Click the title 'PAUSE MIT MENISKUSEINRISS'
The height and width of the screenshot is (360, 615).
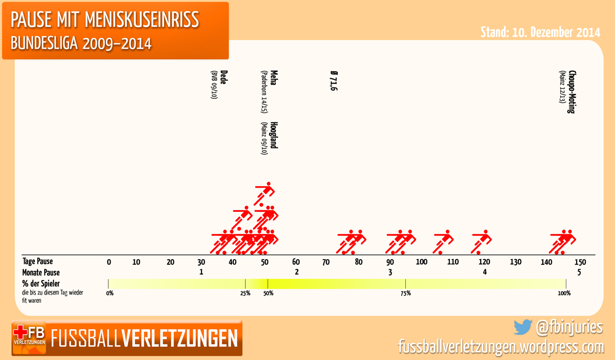pyautogui.click(x=105, y=20)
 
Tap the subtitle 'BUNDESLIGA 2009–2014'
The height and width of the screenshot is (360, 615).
pyautogui.click(x=81, y=43)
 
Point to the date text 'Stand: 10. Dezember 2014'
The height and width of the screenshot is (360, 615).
pyautogui.click(x=540, y=32)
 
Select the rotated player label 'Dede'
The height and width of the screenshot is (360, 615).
pyautogui.click(x=223, y=77)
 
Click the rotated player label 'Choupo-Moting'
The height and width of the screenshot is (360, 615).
pyautogui.click(x=572, y=92)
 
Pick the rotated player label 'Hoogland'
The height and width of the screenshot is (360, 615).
pyautogui.click(x=274, y=135)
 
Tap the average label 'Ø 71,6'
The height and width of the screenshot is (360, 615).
pyautogui.click(x=333, y=82)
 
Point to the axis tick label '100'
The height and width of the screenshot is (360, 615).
pyautogui.click(x=421, y=262)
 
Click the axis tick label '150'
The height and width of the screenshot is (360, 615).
pyautogui.click(x=580, y=262)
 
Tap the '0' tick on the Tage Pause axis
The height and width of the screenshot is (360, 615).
pyautogui.click(x=109, y=262)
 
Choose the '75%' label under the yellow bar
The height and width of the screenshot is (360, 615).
pyautogui.click(x=405, y=293)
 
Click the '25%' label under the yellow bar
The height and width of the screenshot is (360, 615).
pyautogui.click(x=245, y=293)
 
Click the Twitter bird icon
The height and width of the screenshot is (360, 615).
pyautogui.click(x=523, y=327)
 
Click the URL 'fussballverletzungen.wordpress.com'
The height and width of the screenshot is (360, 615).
pyautogui.click(x=501, y=347)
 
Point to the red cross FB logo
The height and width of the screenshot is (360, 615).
pyautogui.click(x=29, y=338)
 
